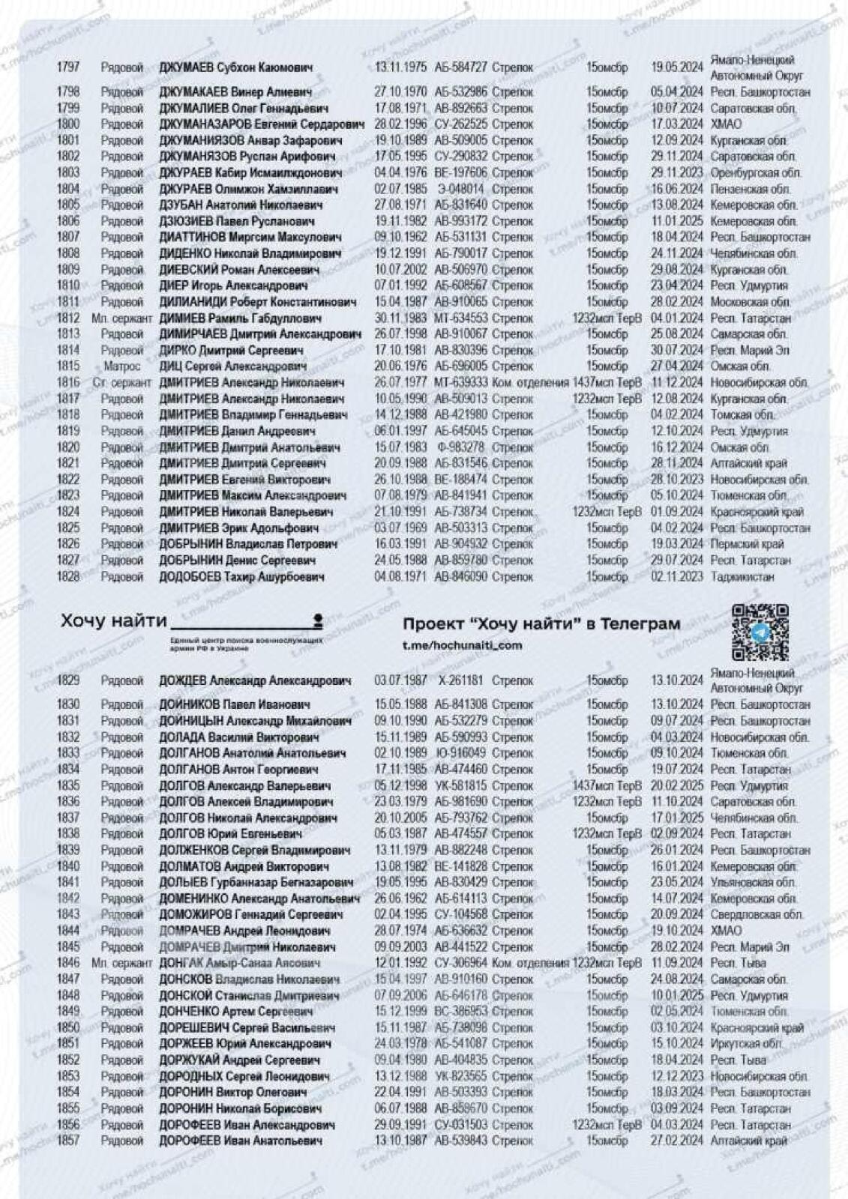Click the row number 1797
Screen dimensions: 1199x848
coord(67,67)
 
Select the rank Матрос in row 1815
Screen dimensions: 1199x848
coord(121,366)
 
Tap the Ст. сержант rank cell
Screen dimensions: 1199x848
coord(121,383)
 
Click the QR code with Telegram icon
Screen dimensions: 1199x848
coord(760,632)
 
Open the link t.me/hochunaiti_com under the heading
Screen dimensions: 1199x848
coord(462,645)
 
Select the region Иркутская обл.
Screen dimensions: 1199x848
coord(746,1044)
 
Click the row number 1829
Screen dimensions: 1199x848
coord(67,680)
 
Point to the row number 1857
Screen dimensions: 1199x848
coord(67,1141)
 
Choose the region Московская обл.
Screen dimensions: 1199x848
coord(750,302)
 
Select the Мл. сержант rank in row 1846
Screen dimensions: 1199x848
coord(121,963)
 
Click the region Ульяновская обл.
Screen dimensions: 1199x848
coord(753,882)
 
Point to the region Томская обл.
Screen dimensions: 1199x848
coord(742,415)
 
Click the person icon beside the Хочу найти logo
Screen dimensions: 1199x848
coord(318,620)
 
